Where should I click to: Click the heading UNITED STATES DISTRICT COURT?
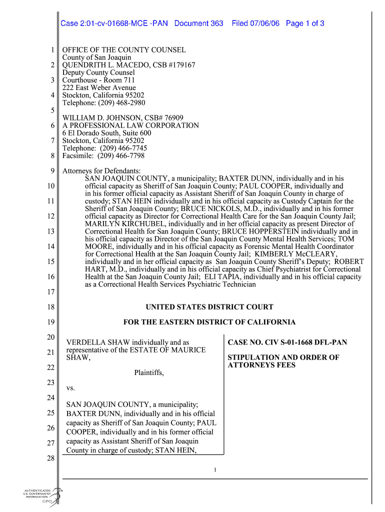pos(209,307)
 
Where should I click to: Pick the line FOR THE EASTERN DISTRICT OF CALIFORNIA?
pos(209,322)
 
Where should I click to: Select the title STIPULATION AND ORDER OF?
pos(283,357)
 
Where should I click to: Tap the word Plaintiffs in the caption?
pos(149,372)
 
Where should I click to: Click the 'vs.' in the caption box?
pos(70,388)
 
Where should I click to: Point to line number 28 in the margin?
pos(50,458)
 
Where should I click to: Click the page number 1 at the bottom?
pos(214,469)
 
